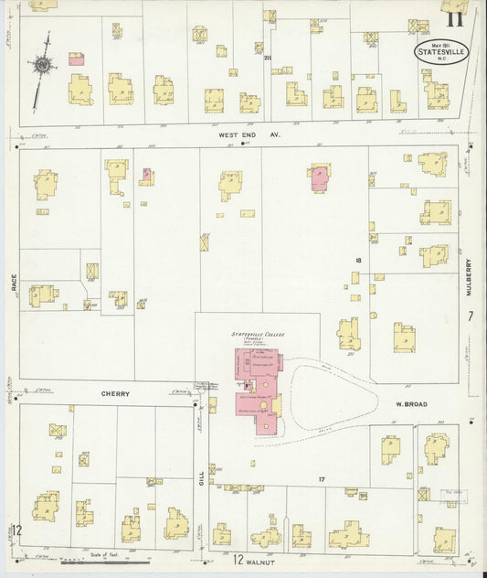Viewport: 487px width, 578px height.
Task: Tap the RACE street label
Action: pyautogui.click(x=15, y=285)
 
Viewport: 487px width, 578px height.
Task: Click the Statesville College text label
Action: pyautogui.click(x=259, y=336)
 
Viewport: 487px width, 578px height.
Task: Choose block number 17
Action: pyautogui.click(x=322, y=479)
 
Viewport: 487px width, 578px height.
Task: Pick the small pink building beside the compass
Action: pyautogui.click(x=77, y=59)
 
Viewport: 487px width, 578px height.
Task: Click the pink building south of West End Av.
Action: pyautogui.click(x=319, y=177)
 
